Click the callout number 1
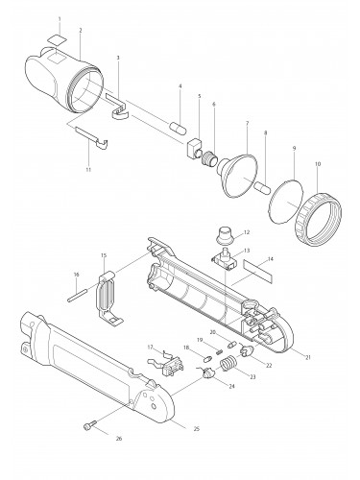coord(60,19)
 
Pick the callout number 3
coord(117,59)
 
